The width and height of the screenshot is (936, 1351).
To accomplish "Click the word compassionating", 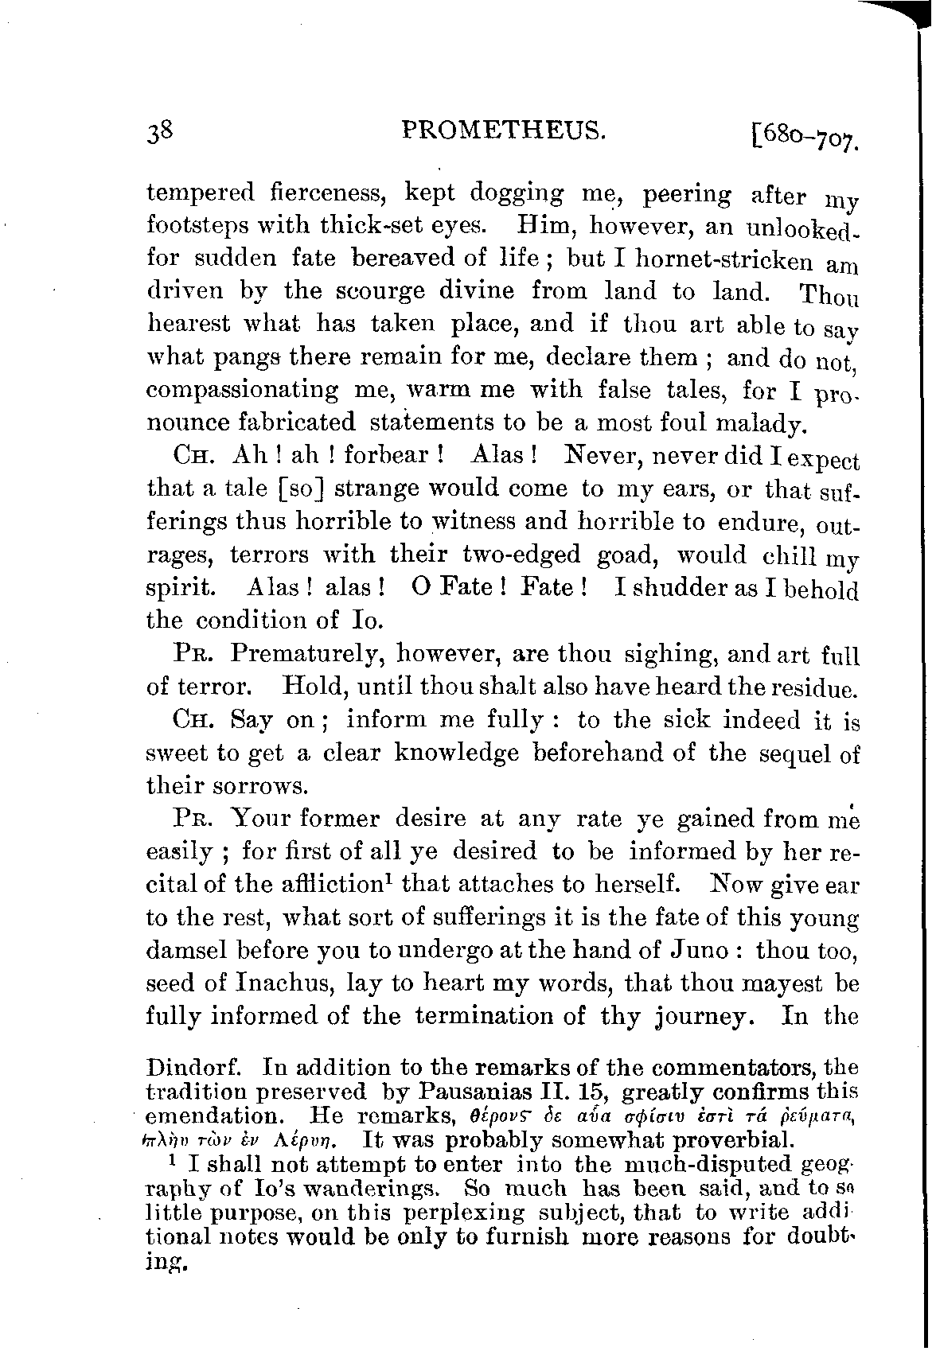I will click(x=242, y=391).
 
